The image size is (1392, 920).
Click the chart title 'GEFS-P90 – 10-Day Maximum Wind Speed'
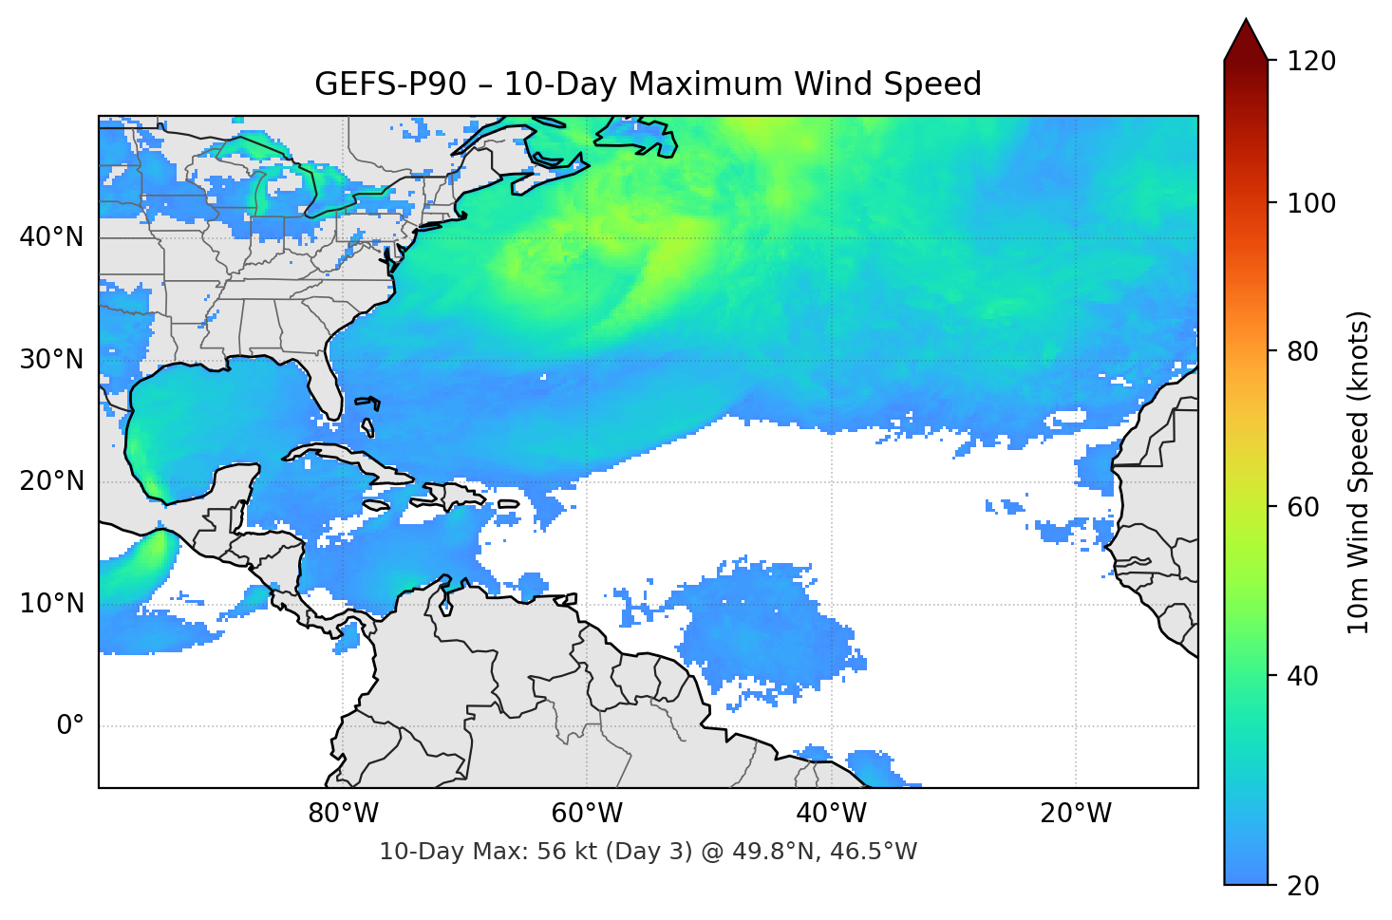click(648, 84)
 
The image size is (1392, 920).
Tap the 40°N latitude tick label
click(51, 237)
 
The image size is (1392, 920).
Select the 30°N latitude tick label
click(51, 360)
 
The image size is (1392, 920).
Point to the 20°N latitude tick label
click(51, 481)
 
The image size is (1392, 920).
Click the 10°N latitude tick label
click(51, 604)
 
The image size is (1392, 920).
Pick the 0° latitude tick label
click(70, 726)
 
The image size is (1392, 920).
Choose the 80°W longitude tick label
click(343, 814)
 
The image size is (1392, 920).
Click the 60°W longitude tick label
click(587, 814)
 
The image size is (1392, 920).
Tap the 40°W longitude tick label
click(831, 814)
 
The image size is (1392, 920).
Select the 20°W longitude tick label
click(1075, 814)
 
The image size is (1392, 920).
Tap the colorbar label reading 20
click(1302, 886)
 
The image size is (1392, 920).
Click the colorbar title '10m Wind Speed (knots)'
click(1359, 472)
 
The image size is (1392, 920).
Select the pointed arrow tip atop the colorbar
click(1246, 23)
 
